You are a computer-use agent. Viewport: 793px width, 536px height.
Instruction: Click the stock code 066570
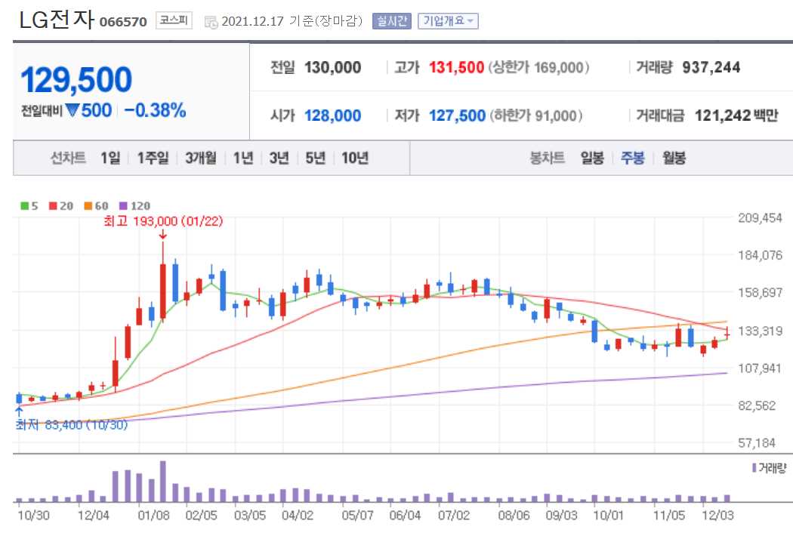click(x=123, y=21)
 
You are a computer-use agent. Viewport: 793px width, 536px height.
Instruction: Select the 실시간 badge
click(x=391, y=21)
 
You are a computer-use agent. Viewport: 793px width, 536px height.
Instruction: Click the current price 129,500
click(x=76, y=80)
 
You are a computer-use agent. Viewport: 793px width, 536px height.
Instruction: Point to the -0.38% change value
click(x=155, y=110)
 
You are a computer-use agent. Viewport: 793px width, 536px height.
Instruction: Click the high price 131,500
click(x=456, y=67)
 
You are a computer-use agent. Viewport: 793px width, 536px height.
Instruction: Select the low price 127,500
click(x=457, y=116)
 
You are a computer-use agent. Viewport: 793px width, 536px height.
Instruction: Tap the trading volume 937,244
click(x=711, y=67)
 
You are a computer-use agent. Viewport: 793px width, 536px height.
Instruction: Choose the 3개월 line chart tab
click(x=200, y=158)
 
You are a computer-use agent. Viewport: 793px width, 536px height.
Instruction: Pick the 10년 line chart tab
click(x=354, y=158)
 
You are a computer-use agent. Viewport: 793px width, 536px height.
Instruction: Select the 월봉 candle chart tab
click(x=674, y=158)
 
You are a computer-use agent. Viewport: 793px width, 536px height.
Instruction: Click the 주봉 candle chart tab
click(x=632, y=158)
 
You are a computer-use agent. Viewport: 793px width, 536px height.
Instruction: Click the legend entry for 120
click(x=137, y=205)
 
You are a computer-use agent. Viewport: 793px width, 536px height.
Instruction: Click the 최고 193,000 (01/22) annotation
click(x=164, y=221)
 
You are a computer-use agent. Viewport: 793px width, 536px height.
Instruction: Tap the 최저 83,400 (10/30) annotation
click(x=73, y=424)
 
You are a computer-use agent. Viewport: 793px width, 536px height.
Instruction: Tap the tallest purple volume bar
click(x=162, y=481)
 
